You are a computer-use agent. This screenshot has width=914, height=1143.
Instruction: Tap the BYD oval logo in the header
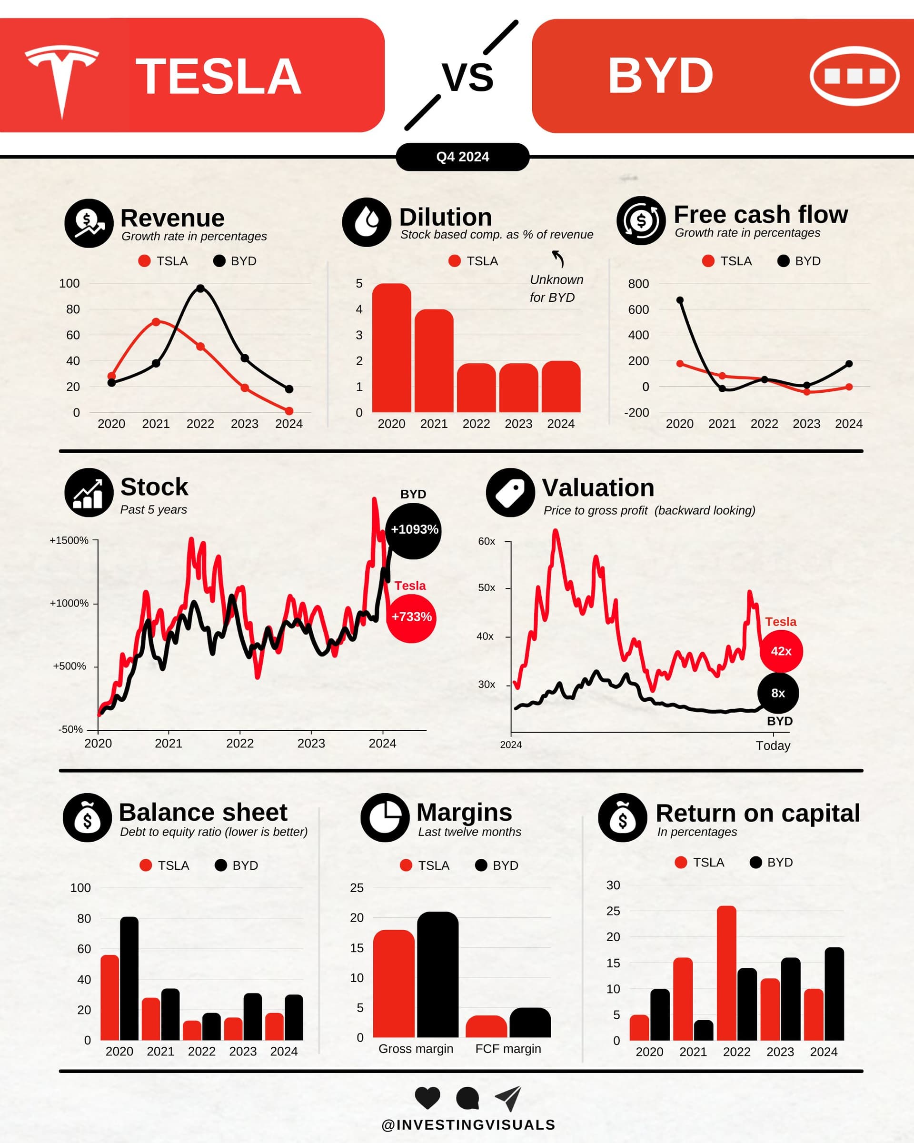click(x=854, y=76)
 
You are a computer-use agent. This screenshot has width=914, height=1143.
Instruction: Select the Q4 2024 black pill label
click(x=462, y=157)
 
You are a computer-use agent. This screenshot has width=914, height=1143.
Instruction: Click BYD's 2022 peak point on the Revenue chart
click(x=200, y=288)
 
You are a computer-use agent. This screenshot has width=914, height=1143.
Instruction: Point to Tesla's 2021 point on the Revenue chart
click(x=156, y=322)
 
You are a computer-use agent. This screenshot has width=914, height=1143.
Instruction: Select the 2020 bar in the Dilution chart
click(x=391, y=348)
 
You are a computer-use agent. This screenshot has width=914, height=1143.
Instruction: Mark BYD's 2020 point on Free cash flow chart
click(x=680, y=300)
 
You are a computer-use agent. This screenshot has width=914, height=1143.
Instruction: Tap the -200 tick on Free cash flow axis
click(x=637, y=412)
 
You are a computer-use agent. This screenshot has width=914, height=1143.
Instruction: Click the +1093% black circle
click(x=414, y=530)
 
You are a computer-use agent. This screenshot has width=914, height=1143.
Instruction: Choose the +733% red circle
click(x=411, y=617)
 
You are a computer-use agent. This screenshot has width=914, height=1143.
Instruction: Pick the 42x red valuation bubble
click(x=781, y=651)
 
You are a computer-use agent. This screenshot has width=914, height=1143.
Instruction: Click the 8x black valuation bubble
click(x=778, y=693)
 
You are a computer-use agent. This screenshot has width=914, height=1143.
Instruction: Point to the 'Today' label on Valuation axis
click(x=773, y=745)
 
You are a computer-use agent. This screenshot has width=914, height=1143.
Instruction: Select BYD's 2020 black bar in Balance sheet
click(x=129, y=979)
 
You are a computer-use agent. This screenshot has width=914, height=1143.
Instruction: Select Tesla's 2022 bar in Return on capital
click(x=726, y=974)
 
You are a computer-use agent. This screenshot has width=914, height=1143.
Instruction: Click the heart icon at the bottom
click(x=427, y=1097)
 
